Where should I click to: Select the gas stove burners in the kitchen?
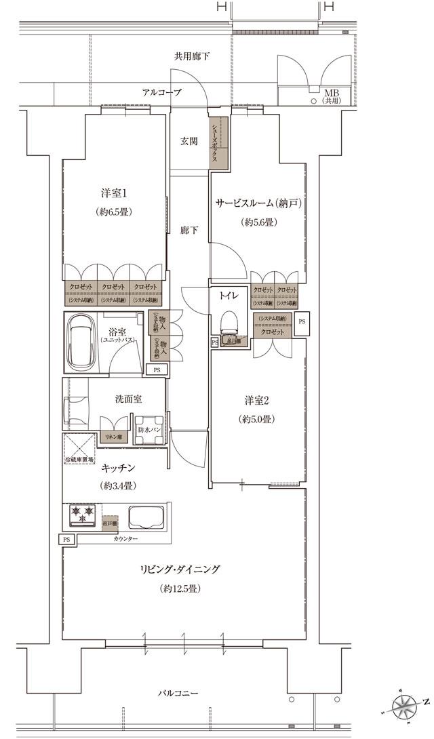[x=81, y=515]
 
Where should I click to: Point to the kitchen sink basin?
[x=144, y=516]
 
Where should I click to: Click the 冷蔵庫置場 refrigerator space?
[x=81, y=447]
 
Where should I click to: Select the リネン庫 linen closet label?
[x=111, y=438]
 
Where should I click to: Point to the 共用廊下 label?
[x=191, y=56]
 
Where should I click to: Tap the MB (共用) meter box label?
[x=332, y=96]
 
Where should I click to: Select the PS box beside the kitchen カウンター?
[x=66, y=539]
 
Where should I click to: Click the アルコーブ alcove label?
[x=161, y=92]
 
